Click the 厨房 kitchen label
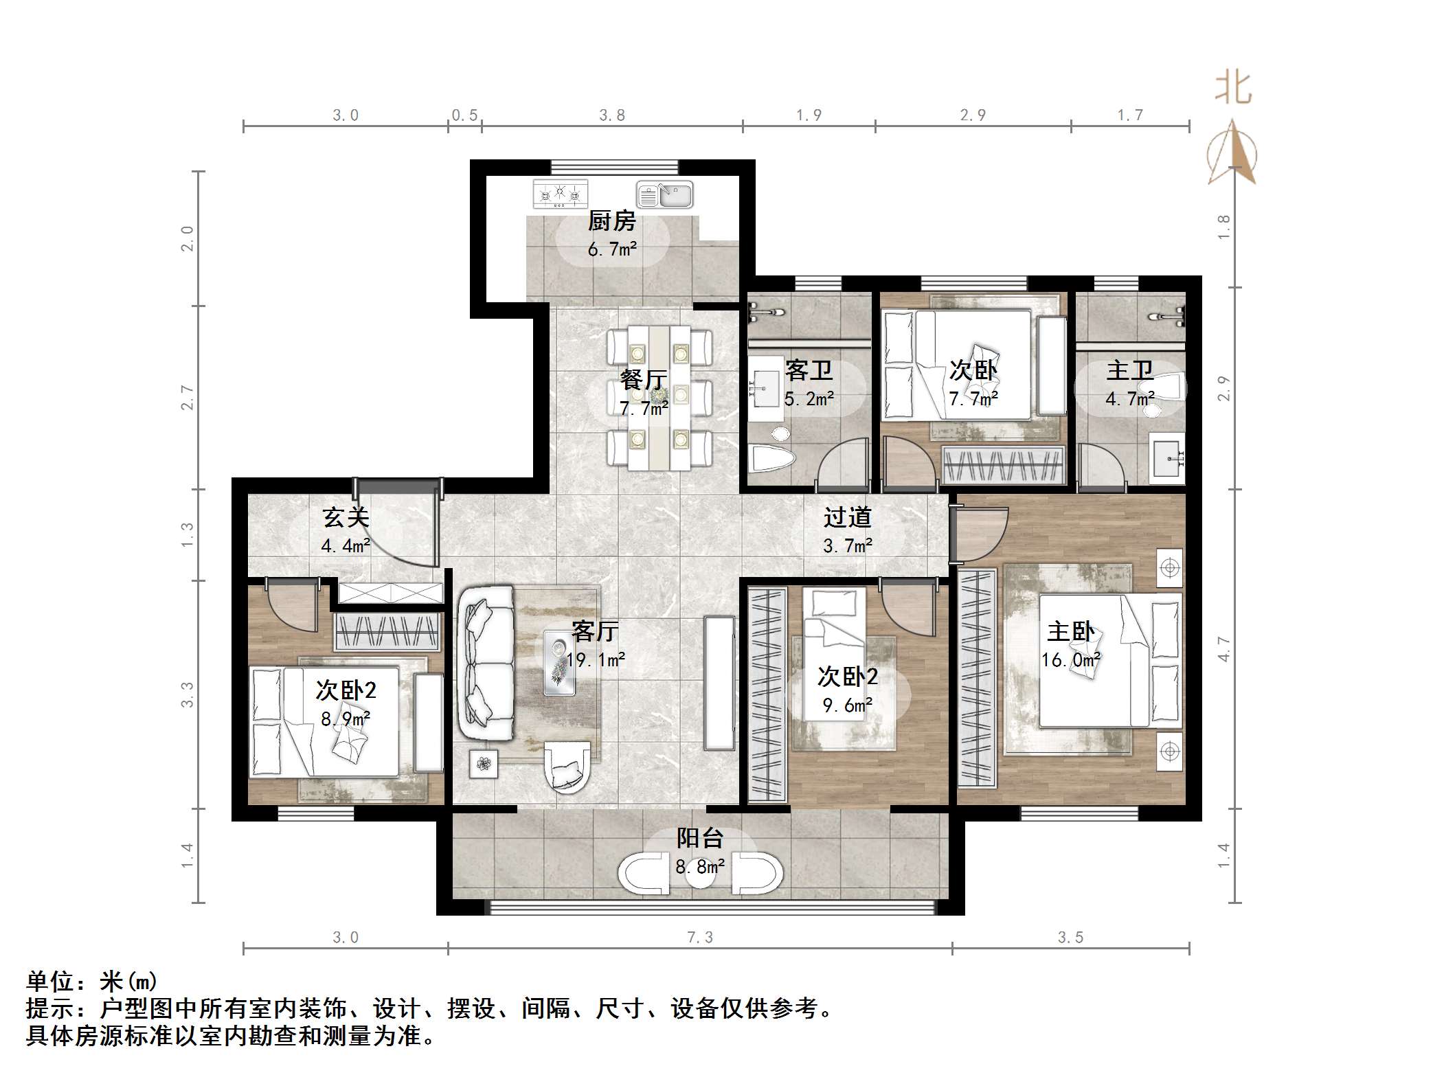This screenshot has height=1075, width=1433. pyautogui.click(x=611, y=221)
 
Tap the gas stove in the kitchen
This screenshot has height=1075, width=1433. pyautogui.click(x=561, y=194)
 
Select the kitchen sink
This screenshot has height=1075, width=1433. pyautogui.click(x=664, y=194)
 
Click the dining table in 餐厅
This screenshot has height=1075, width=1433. pyautogui.click(x=659, y=397)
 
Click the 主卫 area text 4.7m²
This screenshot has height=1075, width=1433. pyautogui.click(x=1129, y=398)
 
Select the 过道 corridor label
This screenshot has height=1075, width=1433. pyautogui.click(x=847, y=517)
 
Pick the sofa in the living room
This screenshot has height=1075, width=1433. pyautogui.click(x=485, y=662)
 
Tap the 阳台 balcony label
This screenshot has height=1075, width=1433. pyautogui.click(x=699, y=838)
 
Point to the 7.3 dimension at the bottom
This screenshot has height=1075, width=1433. pyautogui.click(x=699, y=938)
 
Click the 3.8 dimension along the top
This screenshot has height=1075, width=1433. pyautogui.click(x=611, y=115)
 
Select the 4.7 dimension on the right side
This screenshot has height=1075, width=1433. pyautogui.click(x=1223, y=649)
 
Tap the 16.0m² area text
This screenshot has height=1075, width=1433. pyautogui.click(x=1070, y=660)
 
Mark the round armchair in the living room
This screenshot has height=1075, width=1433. pyautogui.click(x=567, y=767)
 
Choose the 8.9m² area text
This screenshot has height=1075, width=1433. pyautogui.click(x=346, y=719)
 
